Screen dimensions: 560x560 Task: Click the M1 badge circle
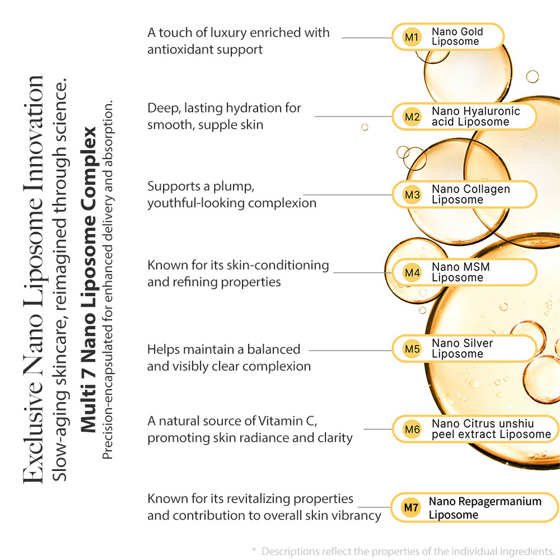pos(412,38)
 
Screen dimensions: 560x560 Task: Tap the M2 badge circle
pos(412,117)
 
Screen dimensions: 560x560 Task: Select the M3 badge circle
pos(412,195)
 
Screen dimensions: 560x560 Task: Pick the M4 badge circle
pos(412,273)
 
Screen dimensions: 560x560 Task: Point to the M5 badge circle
pos(412,349)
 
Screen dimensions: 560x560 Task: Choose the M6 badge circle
pos(412,430)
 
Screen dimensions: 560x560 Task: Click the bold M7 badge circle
pos(412,508)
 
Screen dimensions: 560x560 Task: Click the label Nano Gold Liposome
pos(457,37)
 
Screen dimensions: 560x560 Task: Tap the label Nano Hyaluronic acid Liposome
pos(475,116)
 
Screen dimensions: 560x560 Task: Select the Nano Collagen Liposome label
pos(470,194)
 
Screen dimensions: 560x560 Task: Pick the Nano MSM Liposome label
pos(460,272)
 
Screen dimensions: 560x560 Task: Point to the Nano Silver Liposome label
pos(462,348)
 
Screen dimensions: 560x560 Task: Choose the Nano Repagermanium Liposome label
pos(485,508)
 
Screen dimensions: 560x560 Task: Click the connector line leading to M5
pos(350,350)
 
